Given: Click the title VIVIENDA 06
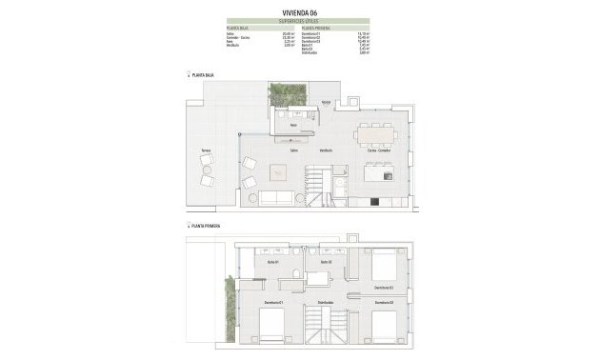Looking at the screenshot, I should click(x=299, y=12).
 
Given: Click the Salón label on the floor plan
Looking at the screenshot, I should click(x=283, y=150).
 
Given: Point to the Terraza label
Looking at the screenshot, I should click(x=205, y=150).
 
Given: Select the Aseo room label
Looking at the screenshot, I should click(x=294, y=124).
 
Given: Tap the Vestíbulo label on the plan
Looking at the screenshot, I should click(x=325, y=150).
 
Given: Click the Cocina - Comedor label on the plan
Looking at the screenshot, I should click(x=379, y=150).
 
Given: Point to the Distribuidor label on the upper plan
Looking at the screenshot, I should click(x=326, y=304).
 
